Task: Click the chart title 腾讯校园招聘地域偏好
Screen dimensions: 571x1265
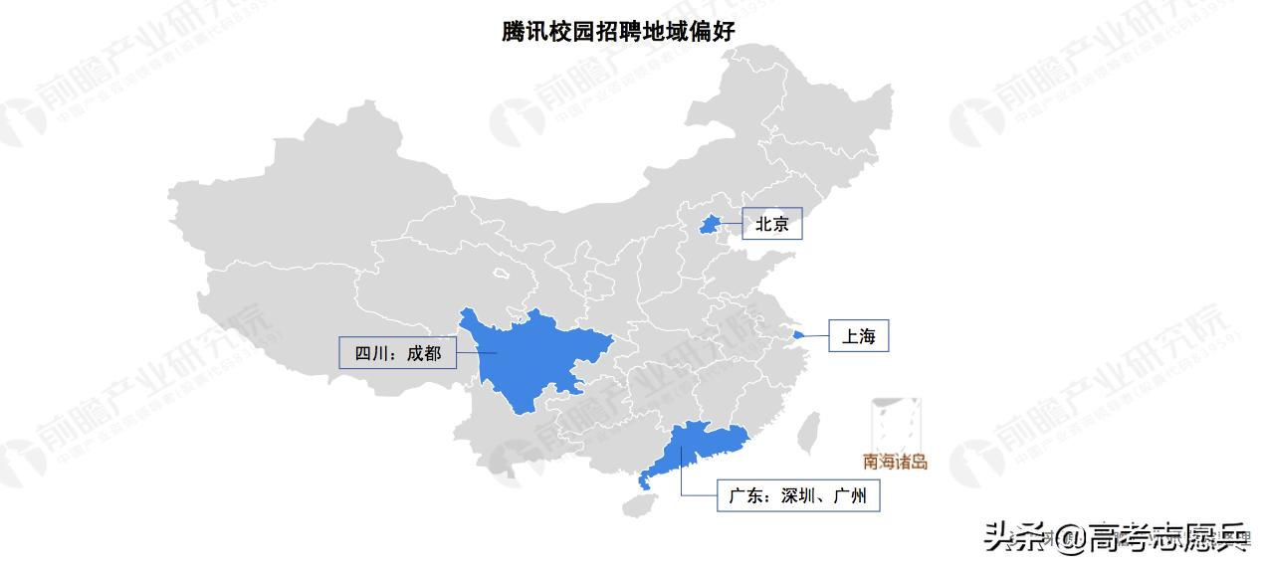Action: (618, 31)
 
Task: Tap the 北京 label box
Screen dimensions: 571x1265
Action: (771, 225)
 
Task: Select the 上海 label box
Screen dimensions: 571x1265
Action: (858, 336)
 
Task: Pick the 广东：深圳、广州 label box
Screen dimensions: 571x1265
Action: (798, 494)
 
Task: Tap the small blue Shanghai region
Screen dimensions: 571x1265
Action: (798, 334)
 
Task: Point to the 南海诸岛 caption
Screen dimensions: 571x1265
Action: (895, 462)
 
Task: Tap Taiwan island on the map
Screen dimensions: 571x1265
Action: (809, 429)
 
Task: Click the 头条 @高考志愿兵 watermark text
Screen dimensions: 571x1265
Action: (1115, 538)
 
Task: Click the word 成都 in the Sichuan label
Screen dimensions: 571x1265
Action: (423, 352)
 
